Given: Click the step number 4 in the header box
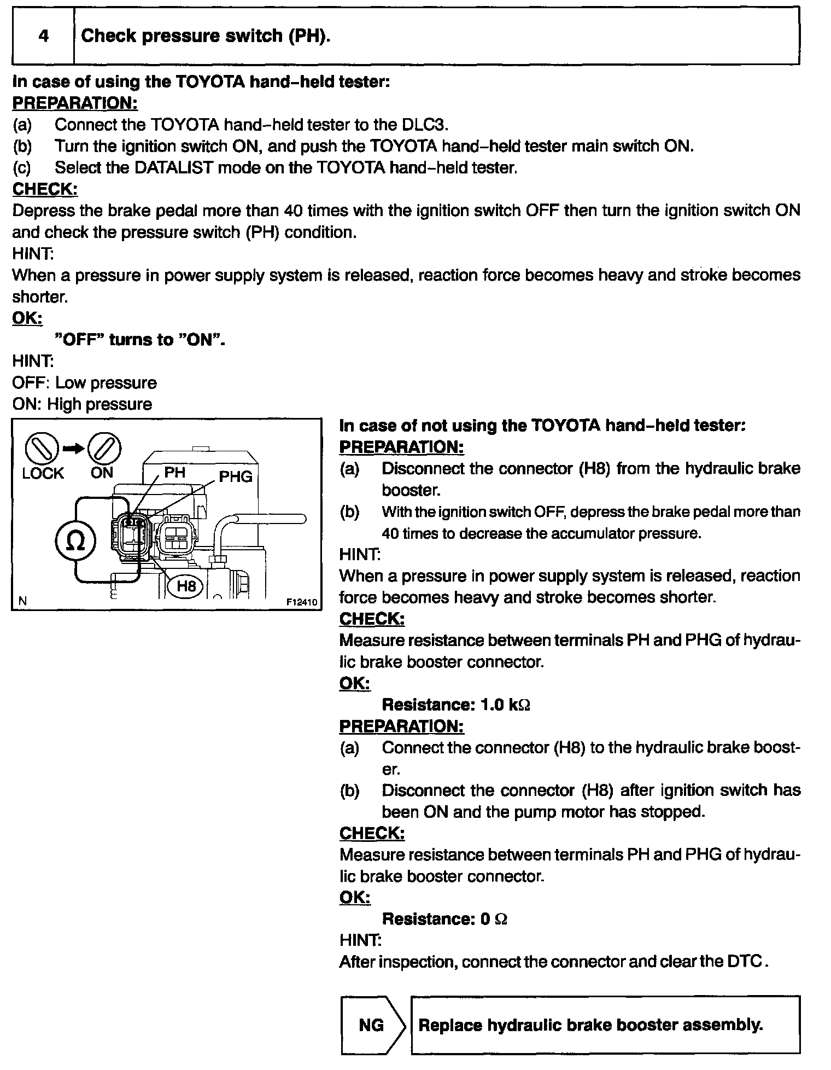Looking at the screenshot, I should click(x=43, y=36).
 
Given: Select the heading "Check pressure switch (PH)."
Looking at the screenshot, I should click(x=206, y=36).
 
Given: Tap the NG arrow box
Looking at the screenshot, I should click(x=372, y=1025).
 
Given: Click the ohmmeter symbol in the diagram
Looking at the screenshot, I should click(x=75, y=540).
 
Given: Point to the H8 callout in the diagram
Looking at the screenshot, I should click(x=186, y=586).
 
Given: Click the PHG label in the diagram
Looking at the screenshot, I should click(x=236, y=476).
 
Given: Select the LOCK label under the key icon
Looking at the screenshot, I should click(x=43, y=473).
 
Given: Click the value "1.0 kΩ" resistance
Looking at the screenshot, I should click(x=505, y=705).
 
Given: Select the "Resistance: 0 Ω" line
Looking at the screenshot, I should click(x=444, y=919).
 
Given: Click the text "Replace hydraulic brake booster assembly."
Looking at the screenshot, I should click(x=590, y=1025).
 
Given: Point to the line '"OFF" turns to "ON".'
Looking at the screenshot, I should click(x=141, y=340).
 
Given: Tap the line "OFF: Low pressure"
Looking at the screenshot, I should click(x=84, y=383).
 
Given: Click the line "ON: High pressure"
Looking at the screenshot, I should click(x=82, y=404).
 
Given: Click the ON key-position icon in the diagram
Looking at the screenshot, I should click(x=104, y=449).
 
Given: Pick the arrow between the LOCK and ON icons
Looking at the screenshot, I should click(x=73, y=449).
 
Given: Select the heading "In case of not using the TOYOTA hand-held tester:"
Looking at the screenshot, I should click(x=542, y=426).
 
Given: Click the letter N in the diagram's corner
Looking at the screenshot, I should click(x=22, y=601).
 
